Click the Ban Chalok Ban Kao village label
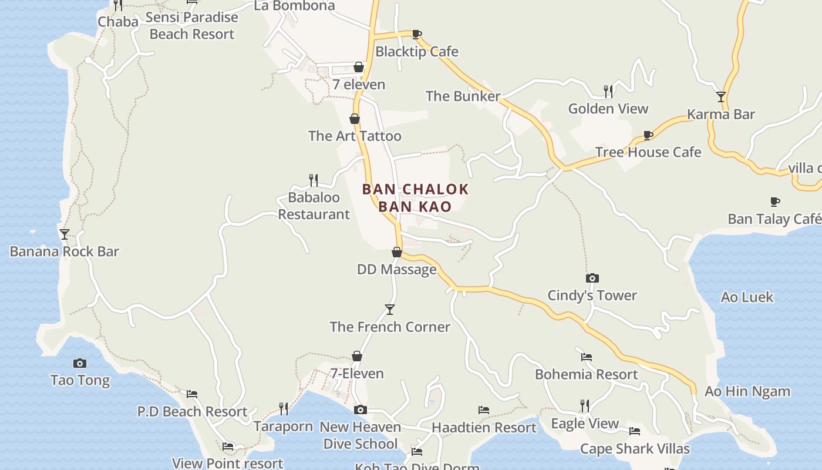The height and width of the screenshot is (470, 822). (415, 197)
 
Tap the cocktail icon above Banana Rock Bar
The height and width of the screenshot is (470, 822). (65, 234)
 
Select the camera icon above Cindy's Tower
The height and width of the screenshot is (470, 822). (592, 278)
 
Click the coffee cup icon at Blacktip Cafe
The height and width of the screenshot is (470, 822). (416, 34)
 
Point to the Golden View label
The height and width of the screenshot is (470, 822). (608, 109)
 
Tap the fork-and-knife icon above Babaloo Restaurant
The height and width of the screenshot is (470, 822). (314, 180)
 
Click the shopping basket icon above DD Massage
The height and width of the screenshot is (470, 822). (397, 252)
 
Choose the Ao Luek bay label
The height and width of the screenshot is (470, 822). (747, 297)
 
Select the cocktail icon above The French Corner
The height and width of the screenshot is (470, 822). (389, 310)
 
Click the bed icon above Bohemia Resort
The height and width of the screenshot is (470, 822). (586, 357)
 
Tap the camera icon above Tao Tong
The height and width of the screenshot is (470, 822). (79, 363)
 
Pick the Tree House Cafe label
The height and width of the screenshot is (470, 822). (648, 152)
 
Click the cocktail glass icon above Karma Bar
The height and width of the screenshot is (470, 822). (721, 97)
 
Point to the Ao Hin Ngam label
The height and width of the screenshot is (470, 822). (747, 391)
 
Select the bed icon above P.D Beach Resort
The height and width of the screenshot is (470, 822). (192, 394)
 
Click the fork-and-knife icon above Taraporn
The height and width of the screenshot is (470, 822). (284, 408)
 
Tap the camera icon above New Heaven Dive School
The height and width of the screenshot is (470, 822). (360, 409)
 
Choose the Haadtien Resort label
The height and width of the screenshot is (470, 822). (484, 428)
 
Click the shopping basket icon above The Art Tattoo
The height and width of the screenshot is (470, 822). (355, 119)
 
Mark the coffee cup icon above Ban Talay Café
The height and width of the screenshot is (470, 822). (775, 202)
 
